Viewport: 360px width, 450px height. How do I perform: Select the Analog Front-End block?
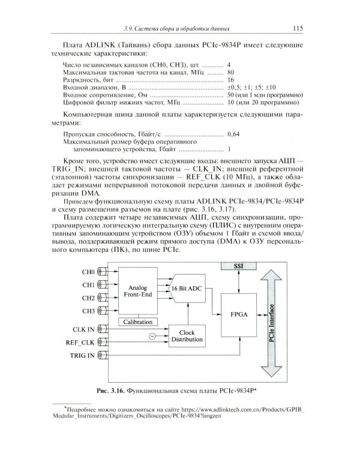(138, 292)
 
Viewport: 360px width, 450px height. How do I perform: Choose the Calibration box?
(138, 322)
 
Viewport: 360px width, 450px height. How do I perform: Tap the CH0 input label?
(88, 272)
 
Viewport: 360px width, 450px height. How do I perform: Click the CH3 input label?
(88, 311)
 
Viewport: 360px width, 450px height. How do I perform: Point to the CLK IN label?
(83, 329)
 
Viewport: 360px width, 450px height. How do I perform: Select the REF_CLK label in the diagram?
(81, 343)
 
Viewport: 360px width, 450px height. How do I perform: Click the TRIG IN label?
(83, 356)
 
